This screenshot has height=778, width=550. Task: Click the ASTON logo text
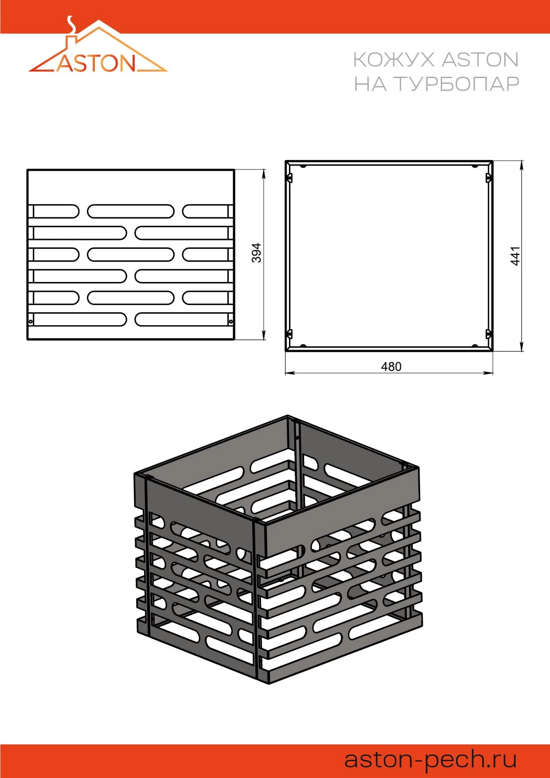tap(96, 63)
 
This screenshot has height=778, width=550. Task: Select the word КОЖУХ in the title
tap(393, 59)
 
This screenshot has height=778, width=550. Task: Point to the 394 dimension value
tap(257, 253)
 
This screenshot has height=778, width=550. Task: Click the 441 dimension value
tap(515, 256)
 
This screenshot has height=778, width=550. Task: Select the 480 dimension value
tap(391, 366)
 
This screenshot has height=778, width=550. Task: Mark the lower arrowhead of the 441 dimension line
tap(522, 346)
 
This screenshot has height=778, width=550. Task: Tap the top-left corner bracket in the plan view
tap(290, 178)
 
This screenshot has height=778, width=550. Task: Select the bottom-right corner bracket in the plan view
tap(489, 334)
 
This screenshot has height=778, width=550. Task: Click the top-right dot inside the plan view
tap(475, 166)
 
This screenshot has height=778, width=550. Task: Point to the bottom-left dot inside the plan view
tap(303, 346)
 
